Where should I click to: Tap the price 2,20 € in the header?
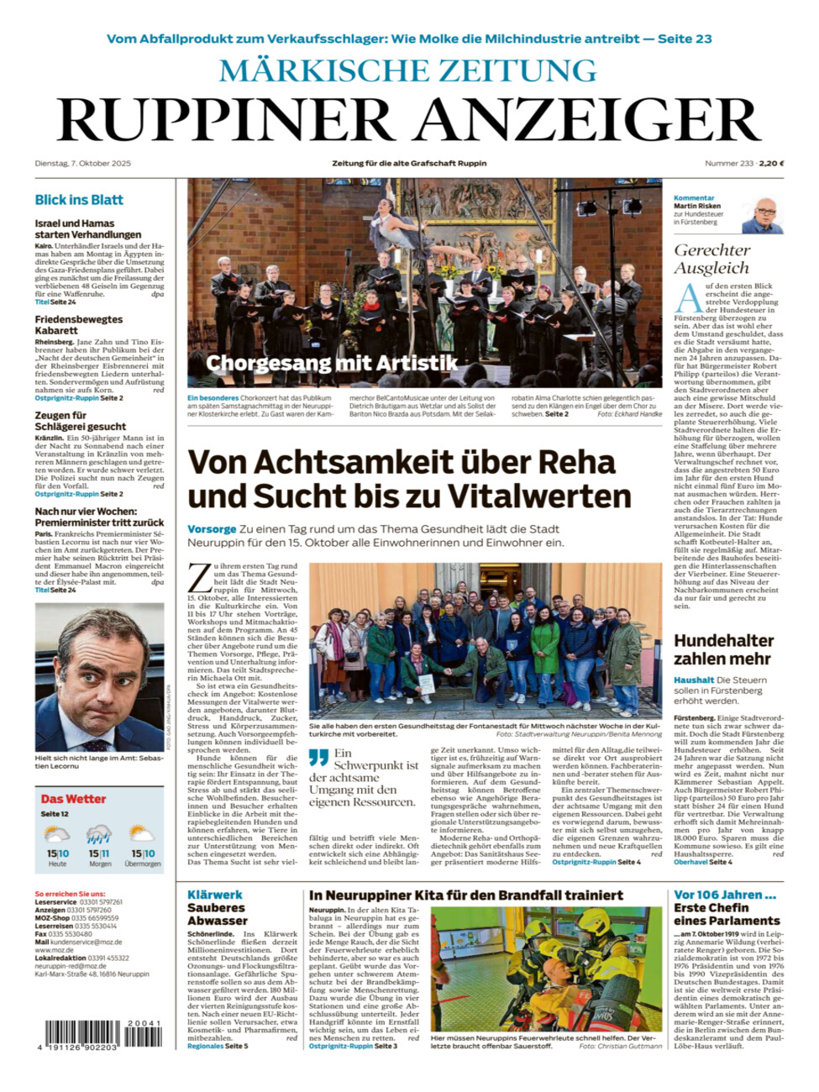tap(771, 163)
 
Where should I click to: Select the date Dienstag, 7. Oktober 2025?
tap(83, 163)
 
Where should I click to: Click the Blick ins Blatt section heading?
tap(79, 200)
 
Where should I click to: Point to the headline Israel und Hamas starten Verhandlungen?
tap(88, 228)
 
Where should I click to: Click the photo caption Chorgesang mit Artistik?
tap(332, 363)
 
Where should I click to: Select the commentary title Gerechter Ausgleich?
tap(711, 259)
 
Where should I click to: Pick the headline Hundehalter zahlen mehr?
tap(722, 648)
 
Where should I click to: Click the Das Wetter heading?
tap(74, 799)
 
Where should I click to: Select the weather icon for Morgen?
tap(99, 834)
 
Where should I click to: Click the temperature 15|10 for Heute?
tap(57, 853)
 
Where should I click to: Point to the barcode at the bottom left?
tap(100, 1033)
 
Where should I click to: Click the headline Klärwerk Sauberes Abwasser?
tap(217, 907)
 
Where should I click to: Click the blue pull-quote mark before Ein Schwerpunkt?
tap(318, 757)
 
